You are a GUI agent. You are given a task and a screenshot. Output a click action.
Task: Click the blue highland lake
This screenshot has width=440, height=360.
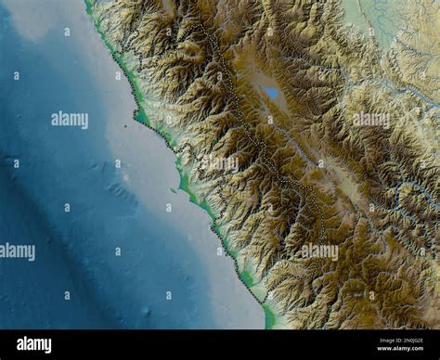pyautogui.click(x=271, y=93)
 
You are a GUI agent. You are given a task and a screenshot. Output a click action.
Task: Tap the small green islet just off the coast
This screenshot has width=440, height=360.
pyautogui.click(x=173, y=190)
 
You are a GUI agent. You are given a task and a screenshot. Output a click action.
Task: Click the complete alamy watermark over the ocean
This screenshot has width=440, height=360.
pyautogui.click(x=70, y=120)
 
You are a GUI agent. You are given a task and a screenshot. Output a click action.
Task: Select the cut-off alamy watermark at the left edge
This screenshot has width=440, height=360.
pyautogui.click(x=17, y=251)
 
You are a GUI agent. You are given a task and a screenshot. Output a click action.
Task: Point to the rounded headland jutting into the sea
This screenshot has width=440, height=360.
pyautogui.click(x=140, y=117)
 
